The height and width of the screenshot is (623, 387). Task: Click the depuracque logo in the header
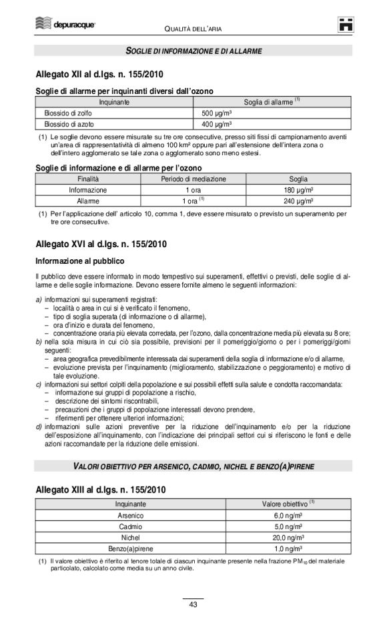tap(66, 25)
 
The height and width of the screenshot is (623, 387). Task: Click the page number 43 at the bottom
tap(193, 604)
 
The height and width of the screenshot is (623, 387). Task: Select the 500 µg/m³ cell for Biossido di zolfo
tap(217, 114)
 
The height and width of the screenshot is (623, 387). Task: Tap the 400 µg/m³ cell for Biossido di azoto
tap(217, 124)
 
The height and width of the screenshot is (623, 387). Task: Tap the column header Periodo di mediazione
tap(193, 179)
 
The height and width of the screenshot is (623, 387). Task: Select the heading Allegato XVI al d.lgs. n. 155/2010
tap(99, 245)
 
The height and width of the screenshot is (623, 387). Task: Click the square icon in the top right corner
tap(344, 24)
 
